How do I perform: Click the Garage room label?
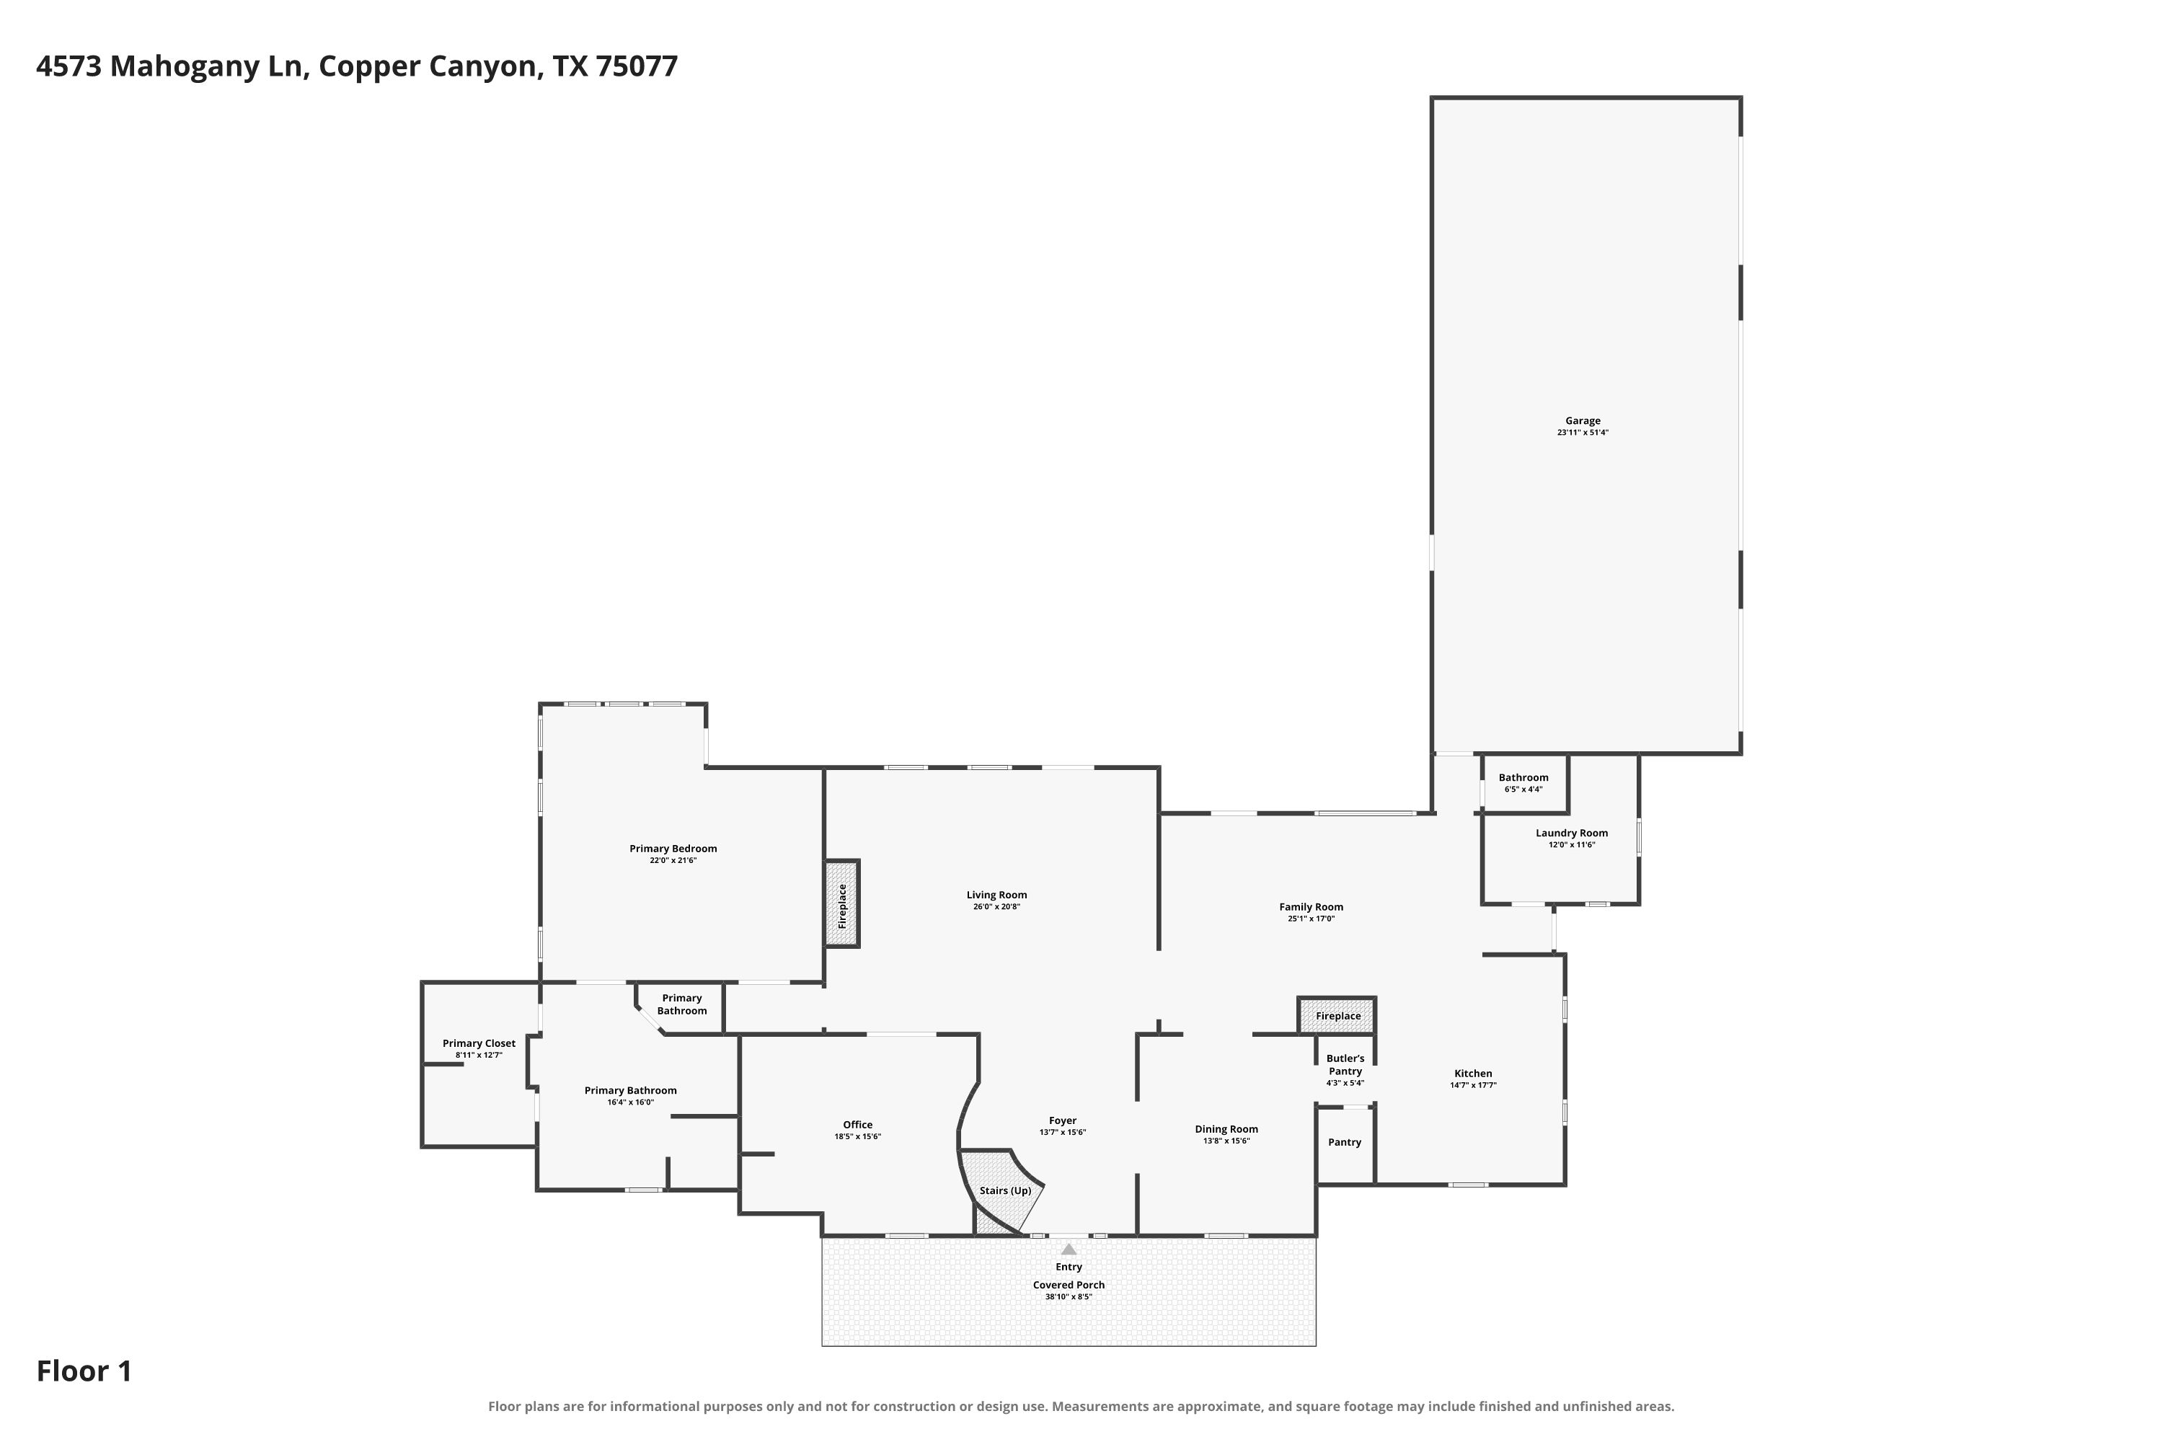click(x=1583, y=421)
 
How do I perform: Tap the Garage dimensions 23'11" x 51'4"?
click(x=1583, y=432)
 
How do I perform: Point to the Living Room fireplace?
click(x=841, y=904)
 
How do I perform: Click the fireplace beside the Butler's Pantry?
click(x=1337, y=1015)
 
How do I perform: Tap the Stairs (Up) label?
click(x=1005, y=1190)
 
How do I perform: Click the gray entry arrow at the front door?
click(x=1069, y=1249)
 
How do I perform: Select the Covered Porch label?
click(x=1069, y=1285)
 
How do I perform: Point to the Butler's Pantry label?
click(x=1345, y=1065)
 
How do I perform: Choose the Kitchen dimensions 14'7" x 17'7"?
click(x=1473, y=1085)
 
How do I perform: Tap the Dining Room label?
click(x=1227, y=1129)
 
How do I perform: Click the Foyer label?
click(x=1063, y=1121)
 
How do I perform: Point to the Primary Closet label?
click(x=479, y=1043)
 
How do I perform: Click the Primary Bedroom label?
click(x=673, y=849)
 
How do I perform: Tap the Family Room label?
click(x=1311, y=907)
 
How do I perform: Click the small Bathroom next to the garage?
click(x=1524, y=784)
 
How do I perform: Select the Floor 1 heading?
click(x=84, y=1371)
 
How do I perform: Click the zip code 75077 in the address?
click(x=637, y=66)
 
